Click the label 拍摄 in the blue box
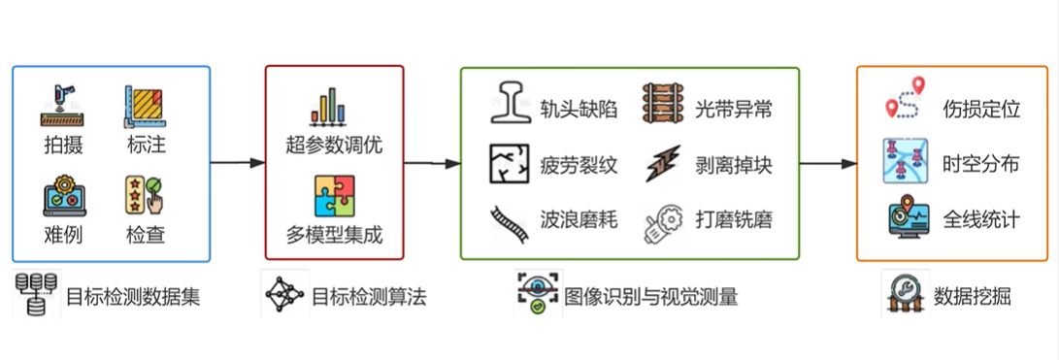(x=63, y=145)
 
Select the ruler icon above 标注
(x=146, y=107)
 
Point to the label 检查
(x=146, y=235)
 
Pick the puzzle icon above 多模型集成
(x=334, y=196)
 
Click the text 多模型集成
(x=334, y=235)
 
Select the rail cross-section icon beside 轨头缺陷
(x=511, y=104)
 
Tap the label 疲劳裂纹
(x=579, y=165)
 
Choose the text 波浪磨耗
(x=579, y=219)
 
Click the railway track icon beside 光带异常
(x=664, y=103)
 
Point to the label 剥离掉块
(x=734, y=165)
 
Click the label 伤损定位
(x=981, y=110)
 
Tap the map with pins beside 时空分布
(x=905, y=161)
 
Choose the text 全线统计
(x=981, y=219)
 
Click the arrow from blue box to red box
(x=238, y=163)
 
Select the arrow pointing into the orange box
(x=828, y=163)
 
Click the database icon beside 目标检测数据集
(x=35, y=294)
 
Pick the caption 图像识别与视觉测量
(x=650, y=297)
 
